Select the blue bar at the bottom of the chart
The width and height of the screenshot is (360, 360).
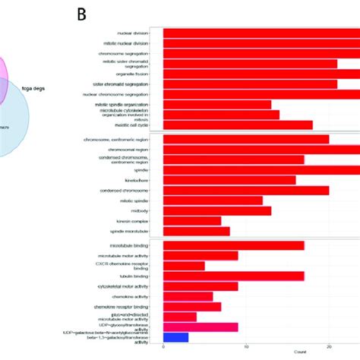(x=175, y=336)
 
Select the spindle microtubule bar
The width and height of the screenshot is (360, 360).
(x=196, y=231)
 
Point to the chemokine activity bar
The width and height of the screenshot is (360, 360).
(x=188, y=296)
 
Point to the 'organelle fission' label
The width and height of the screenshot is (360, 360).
(x=131, y=74)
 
